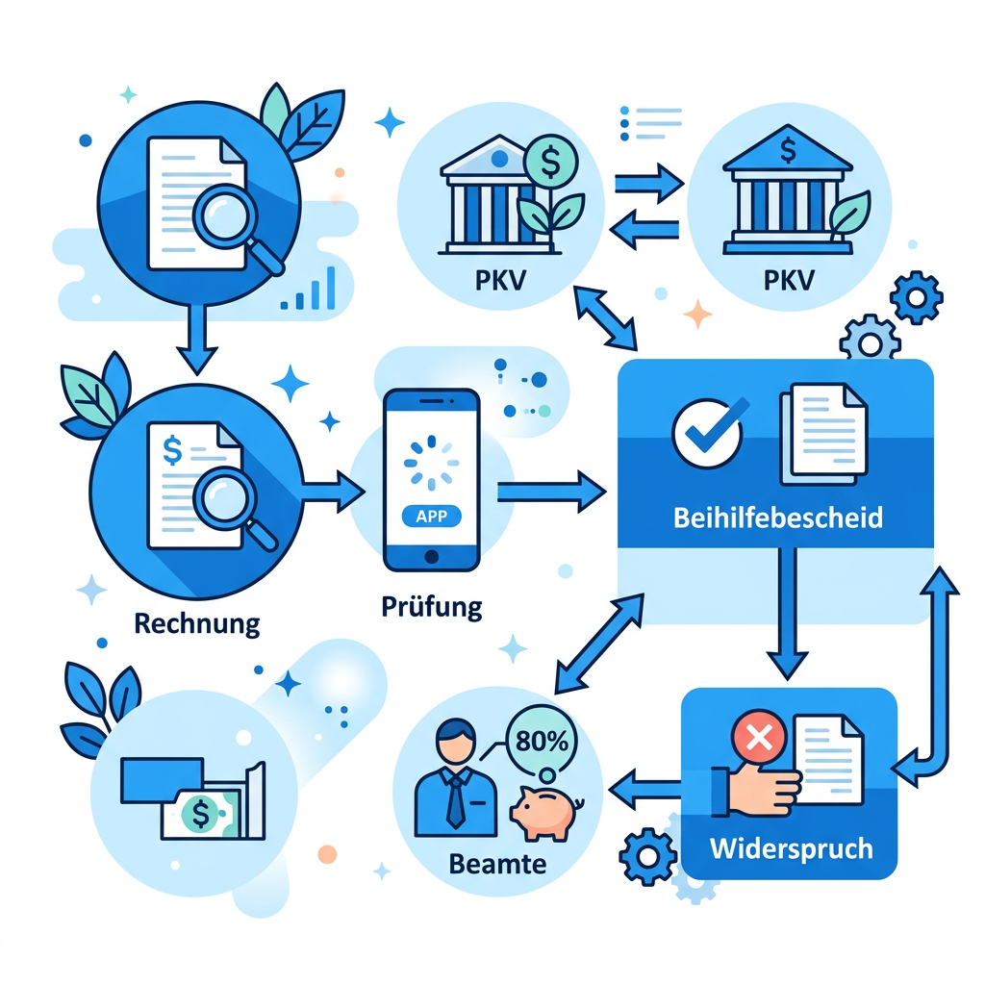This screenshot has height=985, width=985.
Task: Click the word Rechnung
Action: tap(196, 623)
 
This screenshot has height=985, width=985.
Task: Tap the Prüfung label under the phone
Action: tap(432, 607)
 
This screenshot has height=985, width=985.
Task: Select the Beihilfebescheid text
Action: tap(777, 518)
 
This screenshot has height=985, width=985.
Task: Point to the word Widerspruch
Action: tap(791, 848)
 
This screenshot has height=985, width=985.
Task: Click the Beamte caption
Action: tap(497, 865)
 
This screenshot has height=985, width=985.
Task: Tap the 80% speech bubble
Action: tap(541, 741)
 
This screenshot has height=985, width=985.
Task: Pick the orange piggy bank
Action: tap(546, 812)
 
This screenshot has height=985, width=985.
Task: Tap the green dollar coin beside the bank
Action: tap(550, 162)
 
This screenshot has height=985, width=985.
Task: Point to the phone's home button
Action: tap(432, 556)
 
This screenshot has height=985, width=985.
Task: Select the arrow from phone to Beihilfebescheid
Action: tap(551, 492)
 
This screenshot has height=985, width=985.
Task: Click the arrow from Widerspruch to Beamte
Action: tap(644, 789)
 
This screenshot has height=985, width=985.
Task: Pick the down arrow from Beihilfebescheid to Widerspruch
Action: tap(787, 613)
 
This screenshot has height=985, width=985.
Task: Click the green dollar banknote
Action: tap(201, 813)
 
